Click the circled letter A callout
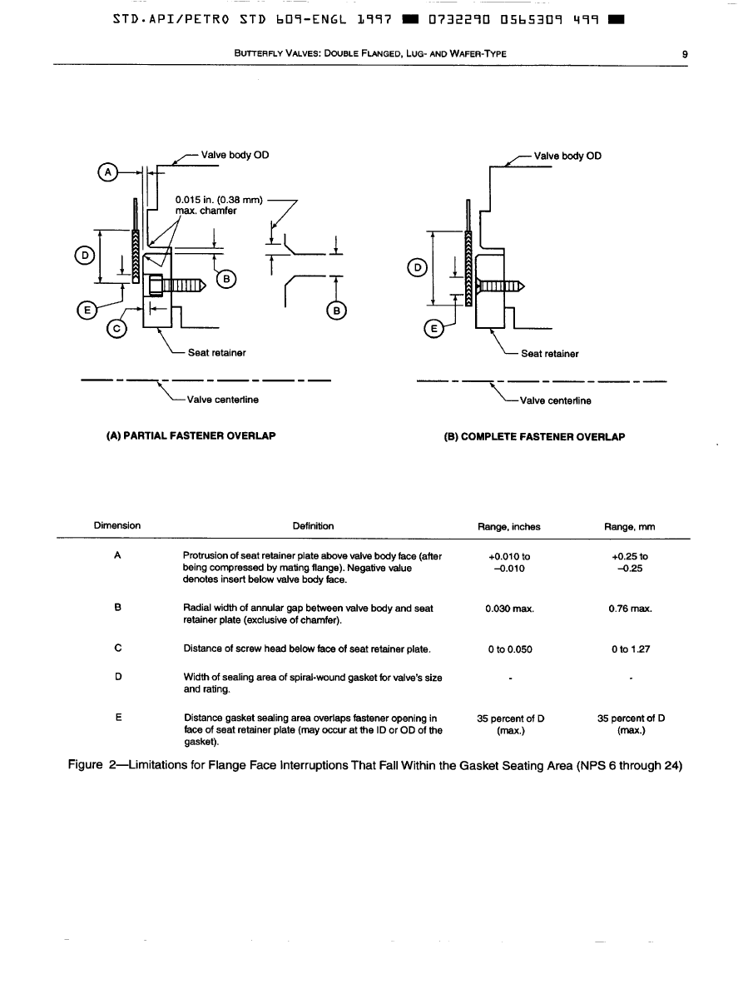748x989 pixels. coord(107,172)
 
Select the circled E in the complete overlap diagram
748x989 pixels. coord(433,327)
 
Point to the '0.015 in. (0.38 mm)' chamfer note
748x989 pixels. coord(219,200)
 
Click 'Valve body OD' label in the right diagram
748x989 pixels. coord(567,156)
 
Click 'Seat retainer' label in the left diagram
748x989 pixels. coord(216,353)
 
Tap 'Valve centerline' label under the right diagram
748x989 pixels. coord(555,400)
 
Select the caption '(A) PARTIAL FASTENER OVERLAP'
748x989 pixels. coord(191,435)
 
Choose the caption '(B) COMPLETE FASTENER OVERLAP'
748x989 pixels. coord(535,436)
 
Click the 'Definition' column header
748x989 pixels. coord(313,526)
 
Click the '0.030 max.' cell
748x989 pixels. coord(508,609)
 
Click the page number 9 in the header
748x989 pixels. coord(684,55)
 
